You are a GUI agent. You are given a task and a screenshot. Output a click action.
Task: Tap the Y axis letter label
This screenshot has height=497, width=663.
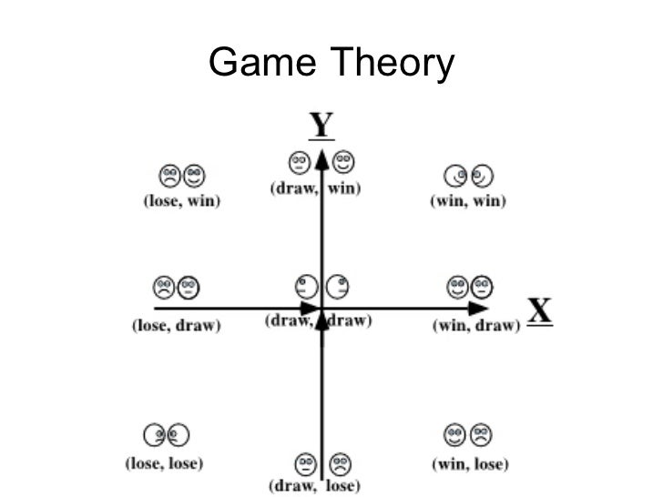coord(321,125)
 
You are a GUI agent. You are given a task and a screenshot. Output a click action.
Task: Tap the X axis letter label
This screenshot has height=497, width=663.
coord(540,311)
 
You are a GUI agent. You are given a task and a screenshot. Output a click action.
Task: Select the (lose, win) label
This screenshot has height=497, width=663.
coord(182,201)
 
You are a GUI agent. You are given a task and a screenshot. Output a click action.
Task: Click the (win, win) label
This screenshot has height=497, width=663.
coord(467,201)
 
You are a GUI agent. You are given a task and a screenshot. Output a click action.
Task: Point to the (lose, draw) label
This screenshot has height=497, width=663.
coord(177,326)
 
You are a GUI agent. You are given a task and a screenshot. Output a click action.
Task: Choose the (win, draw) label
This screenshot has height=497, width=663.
coord(474,326)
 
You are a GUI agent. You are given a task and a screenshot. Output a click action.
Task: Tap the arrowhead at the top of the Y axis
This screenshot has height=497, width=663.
coord(321,158)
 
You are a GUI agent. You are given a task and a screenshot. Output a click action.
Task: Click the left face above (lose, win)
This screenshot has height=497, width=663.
coord(169,174)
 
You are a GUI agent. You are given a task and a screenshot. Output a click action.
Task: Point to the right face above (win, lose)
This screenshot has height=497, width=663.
coord(481,434)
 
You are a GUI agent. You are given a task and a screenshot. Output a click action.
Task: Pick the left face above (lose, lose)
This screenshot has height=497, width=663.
coord(154,435)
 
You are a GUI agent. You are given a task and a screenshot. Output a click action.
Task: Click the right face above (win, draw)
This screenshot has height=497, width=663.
coord(482,289)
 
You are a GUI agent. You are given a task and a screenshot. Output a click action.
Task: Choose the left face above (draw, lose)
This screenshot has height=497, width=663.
coord(303,463)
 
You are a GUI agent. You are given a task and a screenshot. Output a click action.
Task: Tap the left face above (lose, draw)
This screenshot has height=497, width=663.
coord(164,289)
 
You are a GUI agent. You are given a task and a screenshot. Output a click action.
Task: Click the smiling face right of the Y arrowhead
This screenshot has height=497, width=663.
coord(343,163)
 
